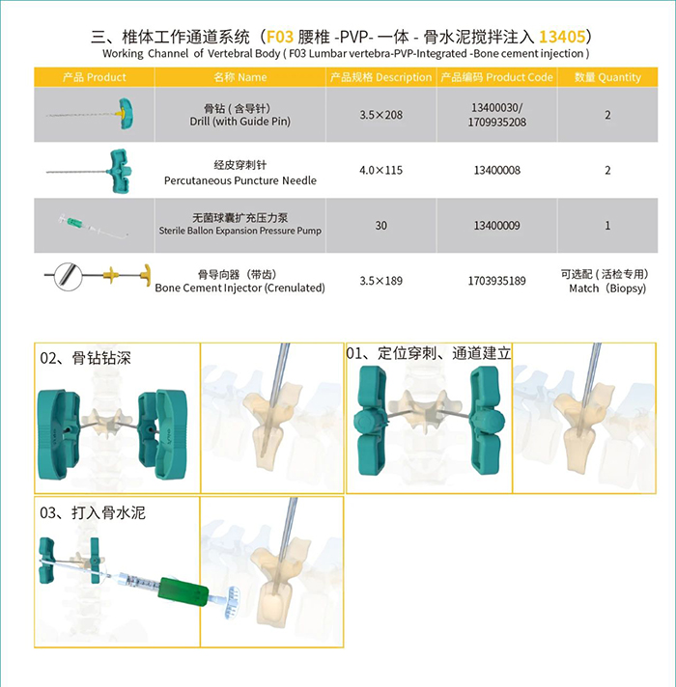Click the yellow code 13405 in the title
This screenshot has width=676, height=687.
pyautogui.click(x=562, y=37)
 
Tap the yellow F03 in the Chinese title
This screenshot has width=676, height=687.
pyautogui.click(x=280, y=37)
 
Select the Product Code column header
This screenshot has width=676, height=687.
pyautogui.click(x=496, y=77)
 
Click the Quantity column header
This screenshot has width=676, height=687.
pyautogui.click(x=607, y=77)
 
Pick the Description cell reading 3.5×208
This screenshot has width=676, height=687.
pyautogui.click(x=380, y=115)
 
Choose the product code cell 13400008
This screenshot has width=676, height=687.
pyautogui.click(x=496, y=170)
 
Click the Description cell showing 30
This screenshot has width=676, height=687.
pyautogui.click(x=380, y=225)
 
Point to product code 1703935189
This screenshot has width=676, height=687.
pyautogui.click(x=496, y=281)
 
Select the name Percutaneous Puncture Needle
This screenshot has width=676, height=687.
pyautogui.click(x=240, y=180)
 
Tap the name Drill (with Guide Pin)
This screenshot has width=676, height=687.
pyautogui.click(x=240, y=122)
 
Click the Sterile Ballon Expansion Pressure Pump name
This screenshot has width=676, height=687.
pyautogui.click(x=240, y=231)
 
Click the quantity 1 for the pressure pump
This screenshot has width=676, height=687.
pyautogui.click(x=607, y=225)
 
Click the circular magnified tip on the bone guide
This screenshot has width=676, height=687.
pyautogui.click(x=68, y=276)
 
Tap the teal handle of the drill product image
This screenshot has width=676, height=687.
pyautogui.click(x=126, y=114)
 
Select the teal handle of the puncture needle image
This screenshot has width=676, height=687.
pyautogui.click(x=119, y=171)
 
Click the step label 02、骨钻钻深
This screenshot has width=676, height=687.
pyautogui.click(x=86, y=358)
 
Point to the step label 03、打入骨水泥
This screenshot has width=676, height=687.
pyautogui.click(x=93, y=512)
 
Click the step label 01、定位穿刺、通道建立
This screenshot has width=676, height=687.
pyautogui.click(x=429, y=353)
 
